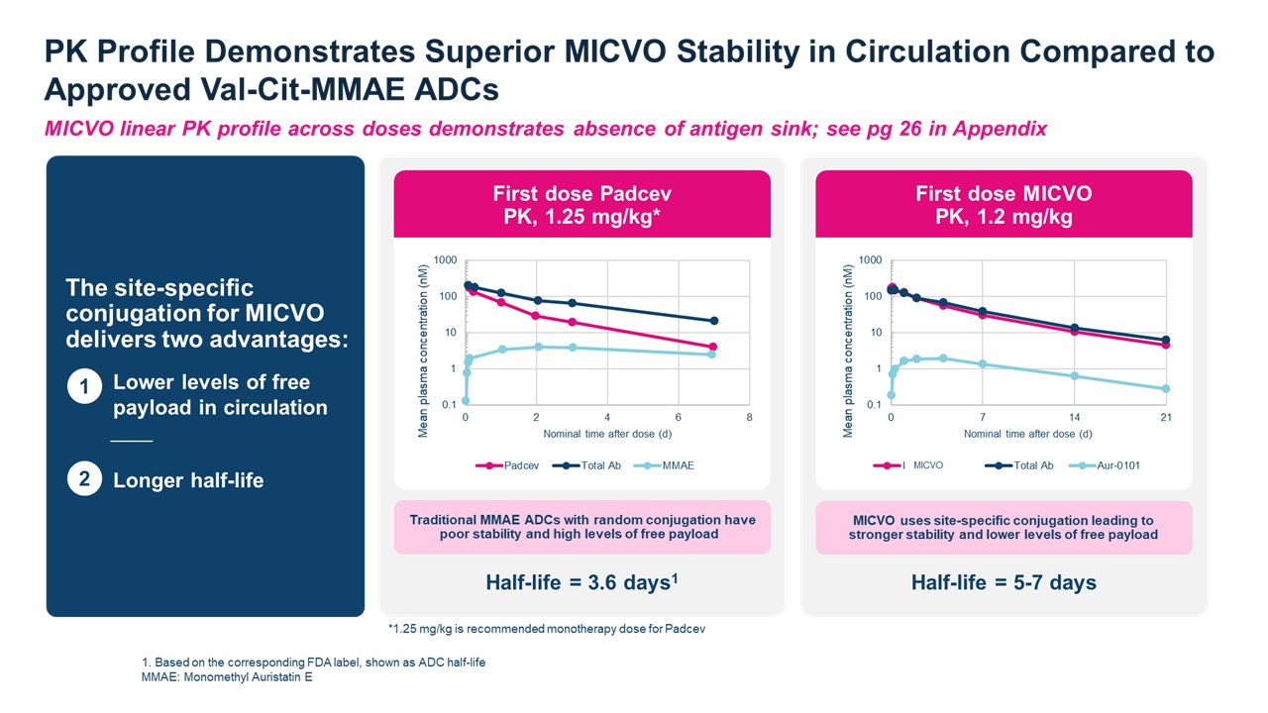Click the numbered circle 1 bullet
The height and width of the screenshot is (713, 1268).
pyautogui.click(x=85, y=389)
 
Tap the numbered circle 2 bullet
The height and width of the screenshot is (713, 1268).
pyautogui.click(x=85, y=480)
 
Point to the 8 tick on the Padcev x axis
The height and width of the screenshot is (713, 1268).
pyautogui.click(x=749, y=418)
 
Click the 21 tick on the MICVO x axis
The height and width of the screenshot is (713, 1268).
pyautogui.click(x=1165, y=418)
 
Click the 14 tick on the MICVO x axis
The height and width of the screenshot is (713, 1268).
pyautogui.click(x=1074, y=418)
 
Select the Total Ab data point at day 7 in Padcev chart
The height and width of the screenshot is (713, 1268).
pyautogui.click(x=713, y=321)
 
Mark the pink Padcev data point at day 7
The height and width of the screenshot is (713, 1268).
pyautogui.click(x=713, y=347)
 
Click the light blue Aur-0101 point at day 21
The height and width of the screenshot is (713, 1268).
pyautogui.click(x=1166, y=389)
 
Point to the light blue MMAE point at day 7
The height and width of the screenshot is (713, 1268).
pyautogui.click(x=713, y=355)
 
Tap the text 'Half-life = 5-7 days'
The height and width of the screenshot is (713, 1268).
pyautogui.click(x=1004, y=582)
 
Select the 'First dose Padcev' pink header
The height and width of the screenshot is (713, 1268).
pyautogui.click(x=581, y=204)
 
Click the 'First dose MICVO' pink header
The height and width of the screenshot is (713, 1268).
pyautogui.click(x=1004, y=204)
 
